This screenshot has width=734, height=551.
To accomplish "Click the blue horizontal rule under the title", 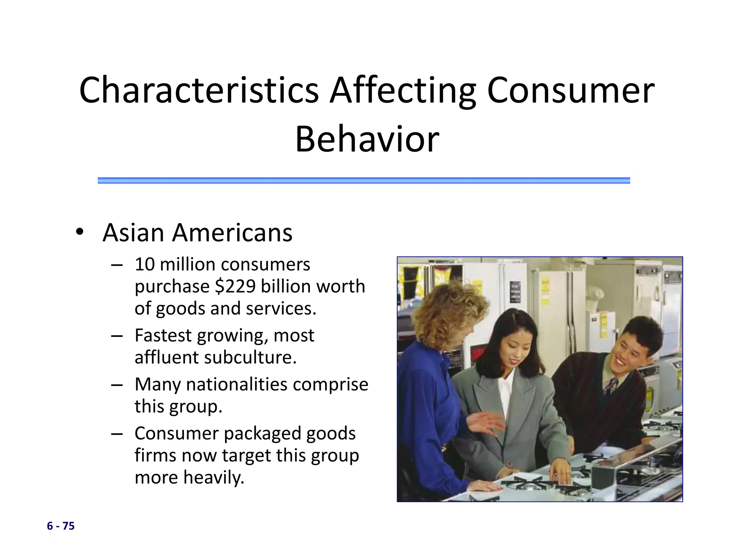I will pyautogui.click(x=363, y=180).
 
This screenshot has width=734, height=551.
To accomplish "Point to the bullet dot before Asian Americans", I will pyautogui.click(x=80, y=232).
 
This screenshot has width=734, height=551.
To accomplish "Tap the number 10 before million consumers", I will pyautogui.click(x=144, y=264).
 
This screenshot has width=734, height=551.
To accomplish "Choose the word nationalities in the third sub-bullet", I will pyautogui.click(x=237, y=384).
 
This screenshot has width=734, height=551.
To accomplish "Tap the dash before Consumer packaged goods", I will pyautogui.click(x=117, y=433).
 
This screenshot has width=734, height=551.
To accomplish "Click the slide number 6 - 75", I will pyautogui.click(x=61, y=526).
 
